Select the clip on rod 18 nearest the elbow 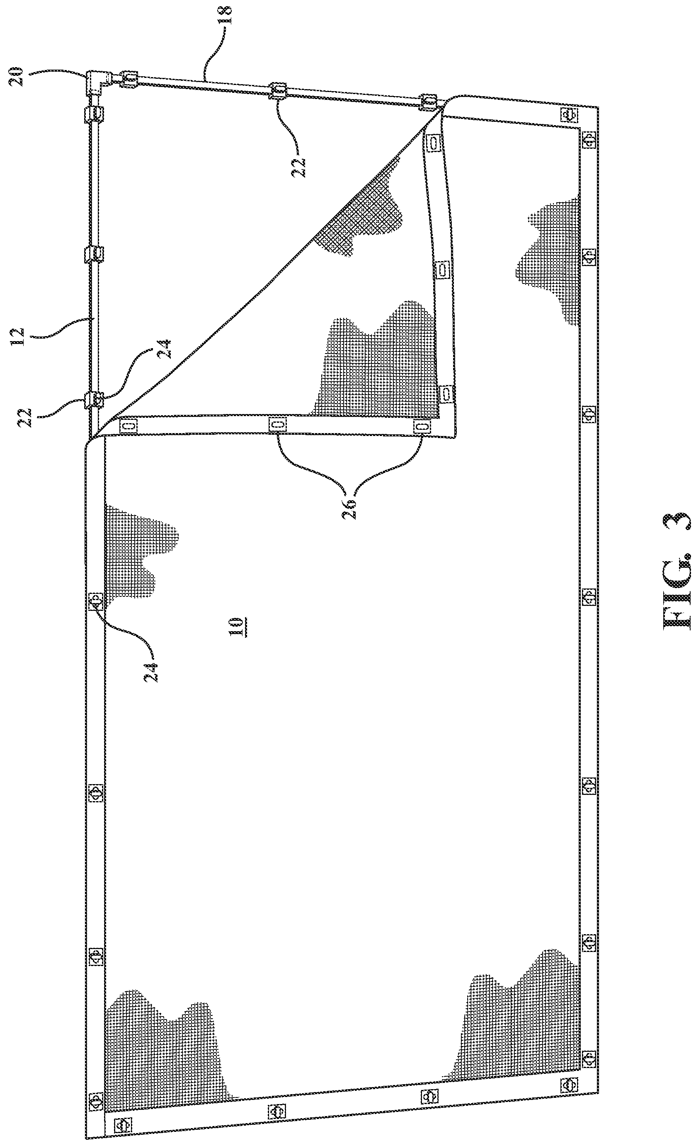click(x=129, y=78)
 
